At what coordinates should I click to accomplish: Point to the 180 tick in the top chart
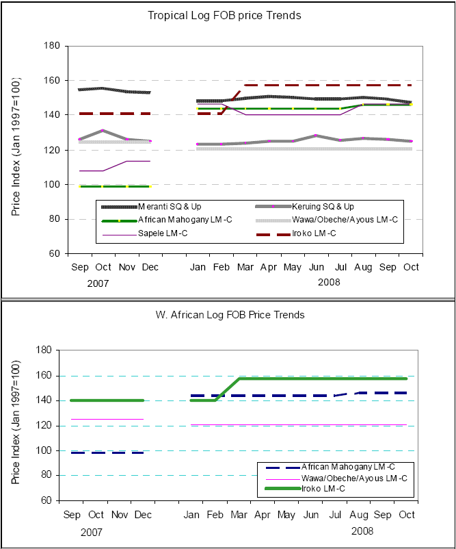tap(53, 46)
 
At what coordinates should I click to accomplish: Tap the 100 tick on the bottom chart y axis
tap(45, 450)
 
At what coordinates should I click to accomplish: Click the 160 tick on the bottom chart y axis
tap(45, 376)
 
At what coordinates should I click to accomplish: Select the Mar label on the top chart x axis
tap(245, 266)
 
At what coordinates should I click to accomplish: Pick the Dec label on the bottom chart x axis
tap(142, 514)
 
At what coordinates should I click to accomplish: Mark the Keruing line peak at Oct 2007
tap(102, 130)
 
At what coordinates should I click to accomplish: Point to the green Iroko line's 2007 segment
tap(107, 400)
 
